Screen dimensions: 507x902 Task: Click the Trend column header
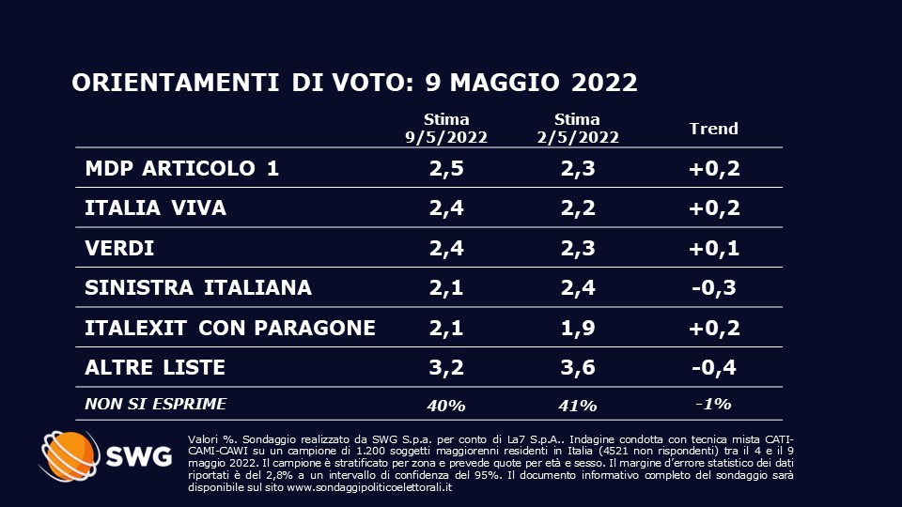click(x=714, y=129)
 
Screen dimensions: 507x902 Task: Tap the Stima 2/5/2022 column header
click(x=577, y=128)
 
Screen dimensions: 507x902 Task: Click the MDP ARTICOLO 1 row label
click(x=181, y=169)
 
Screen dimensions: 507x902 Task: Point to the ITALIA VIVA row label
click(x=155, y=208)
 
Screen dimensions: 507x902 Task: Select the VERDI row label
click(x=119, y=249)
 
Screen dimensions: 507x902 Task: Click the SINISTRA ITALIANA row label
click(x=197, y=287)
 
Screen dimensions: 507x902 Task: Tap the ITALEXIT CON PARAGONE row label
click(x=230, y=327)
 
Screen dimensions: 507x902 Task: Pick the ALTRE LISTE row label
click(x=155, y=366)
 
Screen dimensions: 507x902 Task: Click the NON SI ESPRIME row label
click(x=155, y=404)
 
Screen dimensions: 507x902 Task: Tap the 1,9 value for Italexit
click(x=577, y=327)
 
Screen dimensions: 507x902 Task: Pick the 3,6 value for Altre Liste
click(x=577, y=366)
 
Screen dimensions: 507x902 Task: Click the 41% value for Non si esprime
click(x=577, y=405)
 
